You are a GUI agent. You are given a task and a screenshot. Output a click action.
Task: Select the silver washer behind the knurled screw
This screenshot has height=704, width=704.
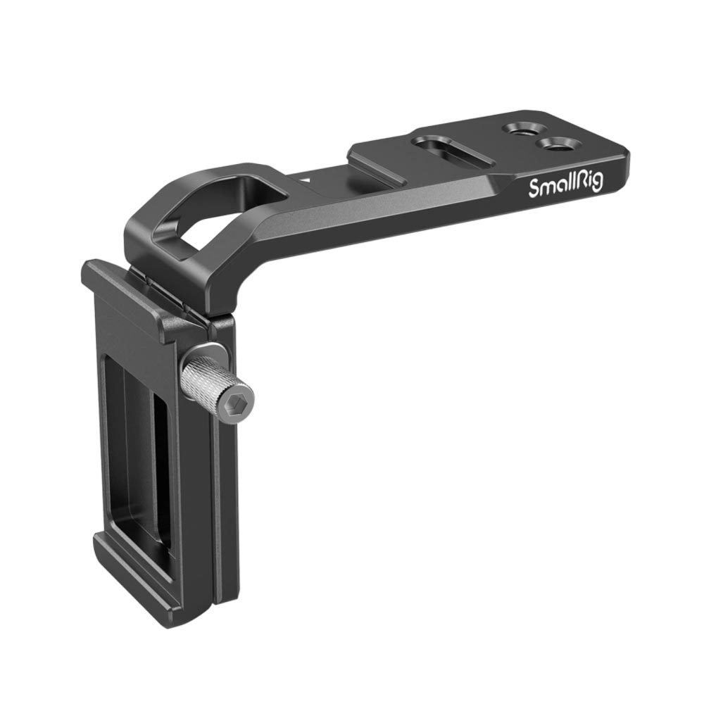(x=203, y=355)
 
